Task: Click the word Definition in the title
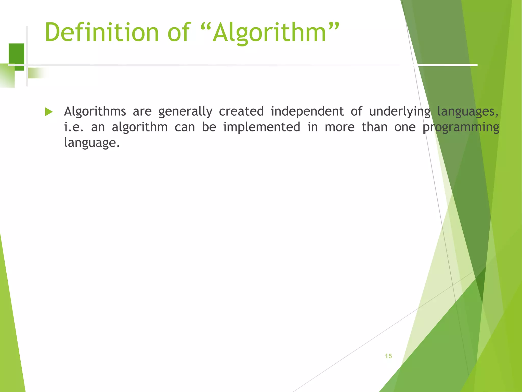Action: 101,32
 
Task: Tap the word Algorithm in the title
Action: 270,32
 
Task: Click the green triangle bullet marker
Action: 48,112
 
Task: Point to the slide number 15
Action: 388,356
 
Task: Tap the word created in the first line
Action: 241,111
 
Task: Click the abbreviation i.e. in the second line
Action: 74,127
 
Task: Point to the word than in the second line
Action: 374,127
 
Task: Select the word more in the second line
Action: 340,127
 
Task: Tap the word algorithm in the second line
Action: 140,127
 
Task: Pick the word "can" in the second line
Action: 185,127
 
